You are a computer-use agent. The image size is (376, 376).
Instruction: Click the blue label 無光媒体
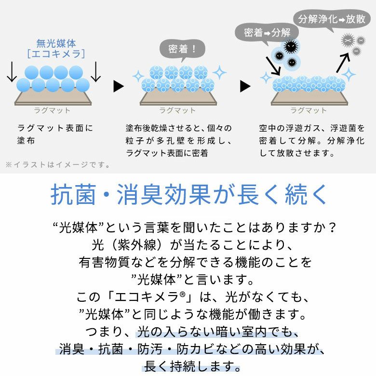pos(56,43)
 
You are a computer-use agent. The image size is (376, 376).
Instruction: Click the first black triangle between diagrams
pos(119,86)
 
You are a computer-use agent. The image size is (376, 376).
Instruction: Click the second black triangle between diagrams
pos(245,86)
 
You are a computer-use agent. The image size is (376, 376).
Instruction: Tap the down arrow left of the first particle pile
pos(12,72)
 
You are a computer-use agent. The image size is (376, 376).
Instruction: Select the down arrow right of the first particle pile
pos(95,72)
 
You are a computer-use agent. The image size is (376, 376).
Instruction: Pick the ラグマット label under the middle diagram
pos(177,110)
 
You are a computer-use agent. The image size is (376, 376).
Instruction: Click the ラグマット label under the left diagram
pos(52,110)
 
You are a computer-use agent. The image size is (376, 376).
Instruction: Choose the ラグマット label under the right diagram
pos(309,110)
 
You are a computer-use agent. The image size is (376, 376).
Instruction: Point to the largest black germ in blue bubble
pos(291,46)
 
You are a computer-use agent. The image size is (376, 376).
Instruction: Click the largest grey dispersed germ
pos(348,40)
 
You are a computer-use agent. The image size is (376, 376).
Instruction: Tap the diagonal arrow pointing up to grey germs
pos(343,63)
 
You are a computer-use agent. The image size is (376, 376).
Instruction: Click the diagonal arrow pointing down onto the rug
pos(273,66)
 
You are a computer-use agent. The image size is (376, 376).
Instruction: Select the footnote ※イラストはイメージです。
pos(58,165)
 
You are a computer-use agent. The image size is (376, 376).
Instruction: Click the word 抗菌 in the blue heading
pos(73,194)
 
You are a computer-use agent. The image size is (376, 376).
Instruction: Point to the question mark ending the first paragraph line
pos(332,228)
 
